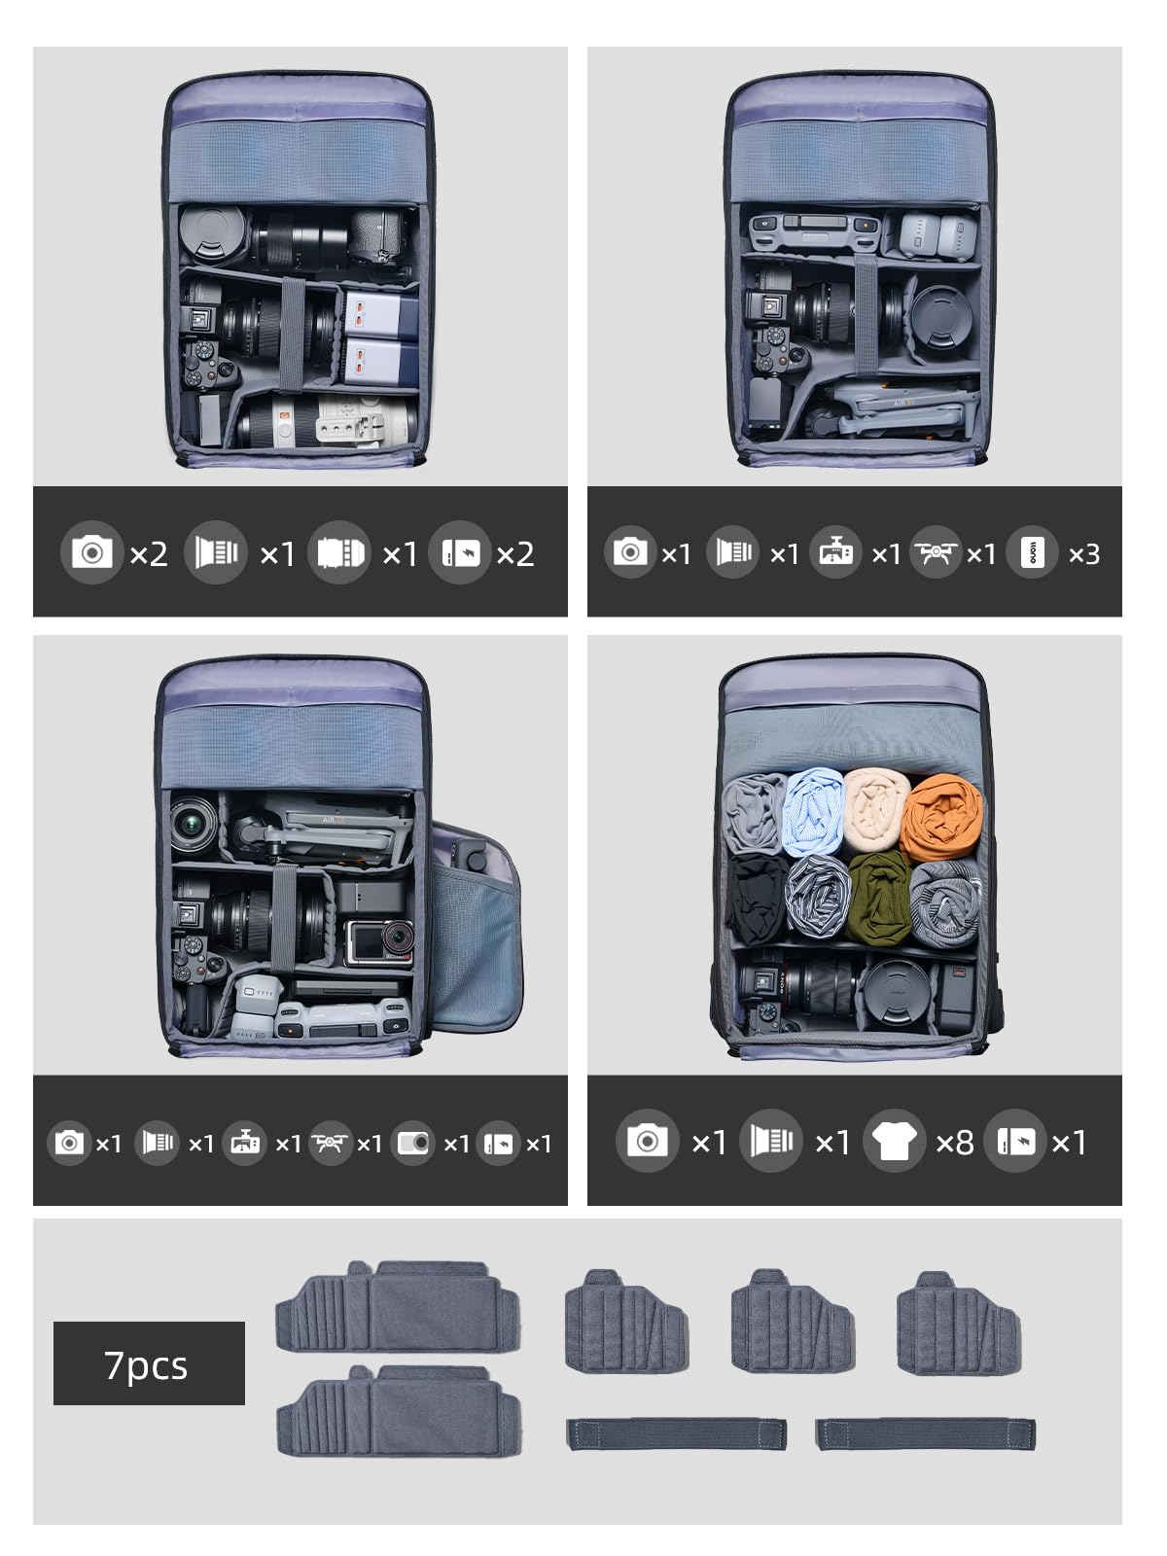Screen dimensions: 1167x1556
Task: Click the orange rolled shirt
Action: point(941,818)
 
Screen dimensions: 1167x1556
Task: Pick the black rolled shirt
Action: point(758,899)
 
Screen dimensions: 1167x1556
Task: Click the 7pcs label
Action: point(147,1364)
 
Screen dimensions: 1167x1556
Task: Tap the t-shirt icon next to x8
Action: point(894,1141)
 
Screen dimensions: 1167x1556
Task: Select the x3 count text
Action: point(1084,554)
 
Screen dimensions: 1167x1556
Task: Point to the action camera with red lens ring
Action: point(379,942)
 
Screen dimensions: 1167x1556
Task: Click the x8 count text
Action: point(954,1143)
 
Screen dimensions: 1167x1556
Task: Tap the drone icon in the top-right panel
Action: point(936,552)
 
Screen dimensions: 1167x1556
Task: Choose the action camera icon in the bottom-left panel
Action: point(413,1143)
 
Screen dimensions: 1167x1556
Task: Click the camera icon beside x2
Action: point(92,552)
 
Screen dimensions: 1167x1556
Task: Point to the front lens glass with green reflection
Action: point(193,824)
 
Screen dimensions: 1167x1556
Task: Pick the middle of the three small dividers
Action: point(793,1321)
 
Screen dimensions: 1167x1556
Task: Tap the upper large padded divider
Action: point(398,1306)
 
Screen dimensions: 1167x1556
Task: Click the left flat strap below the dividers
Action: point(677,1433)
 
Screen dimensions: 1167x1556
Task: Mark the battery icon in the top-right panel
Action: point(1033,552)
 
